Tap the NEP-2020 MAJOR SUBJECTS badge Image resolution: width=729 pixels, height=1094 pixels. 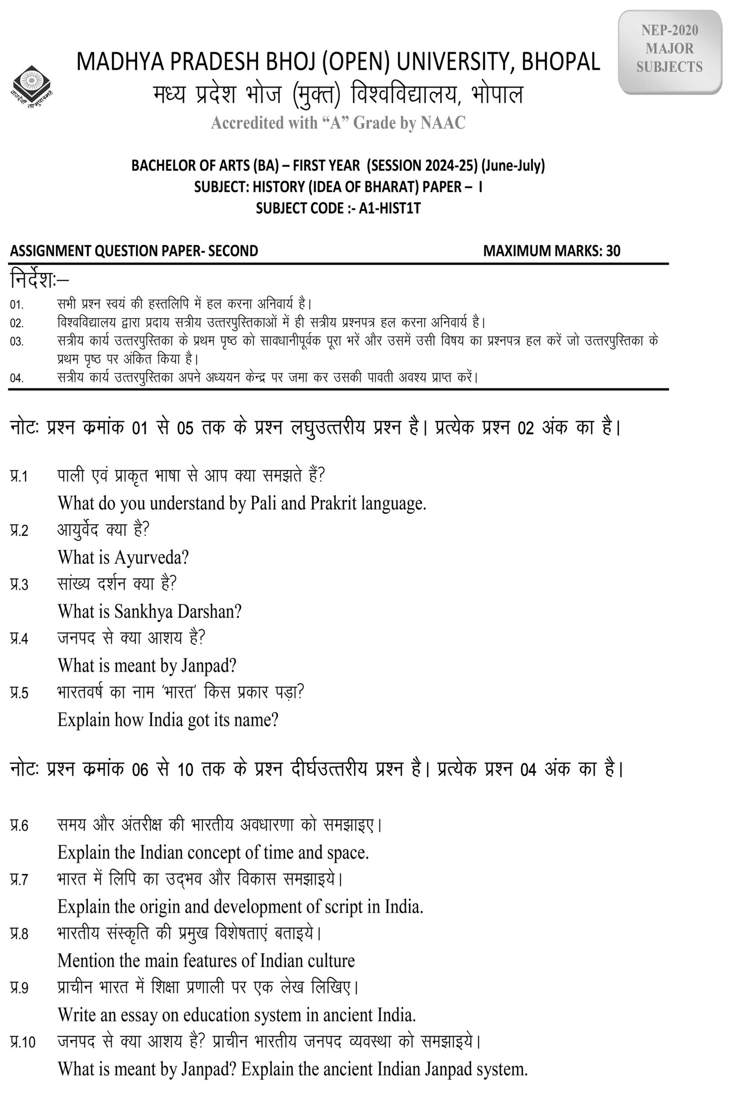point(669,49)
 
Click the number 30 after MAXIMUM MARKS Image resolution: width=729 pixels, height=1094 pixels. point(613,251)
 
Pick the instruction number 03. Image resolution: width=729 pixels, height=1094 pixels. point(17,342)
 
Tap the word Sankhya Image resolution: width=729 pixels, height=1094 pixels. point(142,611)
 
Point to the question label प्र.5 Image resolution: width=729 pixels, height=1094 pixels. point(19,693)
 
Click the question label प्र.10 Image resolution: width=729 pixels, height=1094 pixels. point(23,1042)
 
